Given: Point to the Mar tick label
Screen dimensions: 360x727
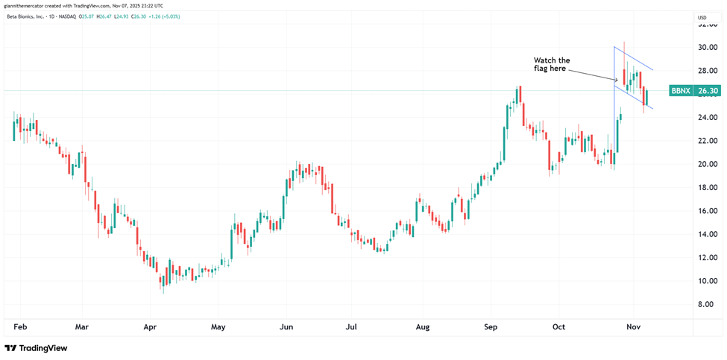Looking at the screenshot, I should coord(82,326).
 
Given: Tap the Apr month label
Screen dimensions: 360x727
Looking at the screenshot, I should coord(150,326).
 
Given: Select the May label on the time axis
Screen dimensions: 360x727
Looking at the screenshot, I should coord(218,326).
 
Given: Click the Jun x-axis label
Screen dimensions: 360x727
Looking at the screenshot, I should coord(286,326).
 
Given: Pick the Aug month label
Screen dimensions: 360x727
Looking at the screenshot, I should coord(423,326).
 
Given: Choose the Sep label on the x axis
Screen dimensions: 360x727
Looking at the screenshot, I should coord(491,326).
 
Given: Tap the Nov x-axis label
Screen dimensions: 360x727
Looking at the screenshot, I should coord(634,326).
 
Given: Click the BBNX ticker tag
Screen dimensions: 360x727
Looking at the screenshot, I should coord(680,91).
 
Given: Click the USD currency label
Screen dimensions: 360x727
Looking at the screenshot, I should coord(702,17).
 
